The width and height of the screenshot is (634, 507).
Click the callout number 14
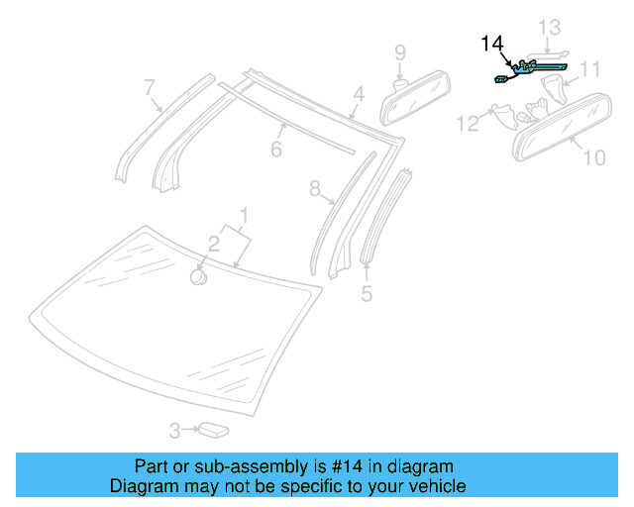point(492,44)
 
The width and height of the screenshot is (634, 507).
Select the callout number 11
point(590,69)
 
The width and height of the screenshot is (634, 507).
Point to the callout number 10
point(594,156)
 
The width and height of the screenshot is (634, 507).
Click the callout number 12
point(468,123)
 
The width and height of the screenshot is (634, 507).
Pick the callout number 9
point(400,51)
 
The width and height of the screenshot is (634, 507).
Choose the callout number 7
point(149,87)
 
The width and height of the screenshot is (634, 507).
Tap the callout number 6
point(276,149)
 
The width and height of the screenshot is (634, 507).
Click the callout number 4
point(359,95)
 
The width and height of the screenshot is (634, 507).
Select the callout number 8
point(315,187)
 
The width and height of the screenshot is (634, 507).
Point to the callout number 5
point(367,293)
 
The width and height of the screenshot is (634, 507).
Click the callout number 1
point(244,215)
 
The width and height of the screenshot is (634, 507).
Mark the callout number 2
point(213,243)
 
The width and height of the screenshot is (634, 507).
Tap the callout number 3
point(174,431)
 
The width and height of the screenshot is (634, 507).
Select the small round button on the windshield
point(199,276)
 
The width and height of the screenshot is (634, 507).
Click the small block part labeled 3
point(213,430)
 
